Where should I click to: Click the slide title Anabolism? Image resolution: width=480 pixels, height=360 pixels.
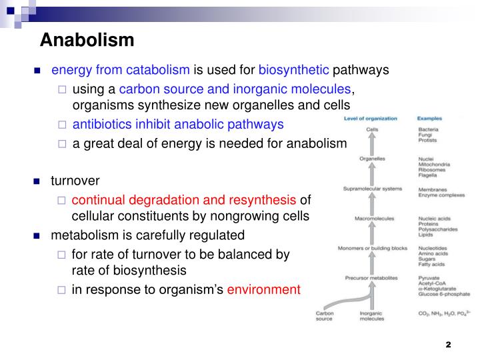[x=87, y=40]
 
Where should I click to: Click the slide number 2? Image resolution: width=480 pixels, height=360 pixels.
[x=448, y=345]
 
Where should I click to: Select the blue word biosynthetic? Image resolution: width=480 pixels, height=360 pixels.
[x=294, y=70]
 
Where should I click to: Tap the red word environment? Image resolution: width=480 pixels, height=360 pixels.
[x=264, y=290]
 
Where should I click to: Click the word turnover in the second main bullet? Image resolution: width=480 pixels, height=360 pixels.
[x=75, y=181]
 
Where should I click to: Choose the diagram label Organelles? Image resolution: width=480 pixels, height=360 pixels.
[x=373, y=159]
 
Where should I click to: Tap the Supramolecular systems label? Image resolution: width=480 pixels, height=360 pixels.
[x=373, y=189]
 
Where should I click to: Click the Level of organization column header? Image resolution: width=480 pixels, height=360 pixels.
[x=371, y=119]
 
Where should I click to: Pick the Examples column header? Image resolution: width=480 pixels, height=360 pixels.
[x=429, y=119]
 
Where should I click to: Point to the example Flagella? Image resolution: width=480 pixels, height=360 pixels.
[x=428, y=175]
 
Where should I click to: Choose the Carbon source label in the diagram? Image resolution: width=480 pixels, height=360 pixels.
[x=324, y=315]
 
